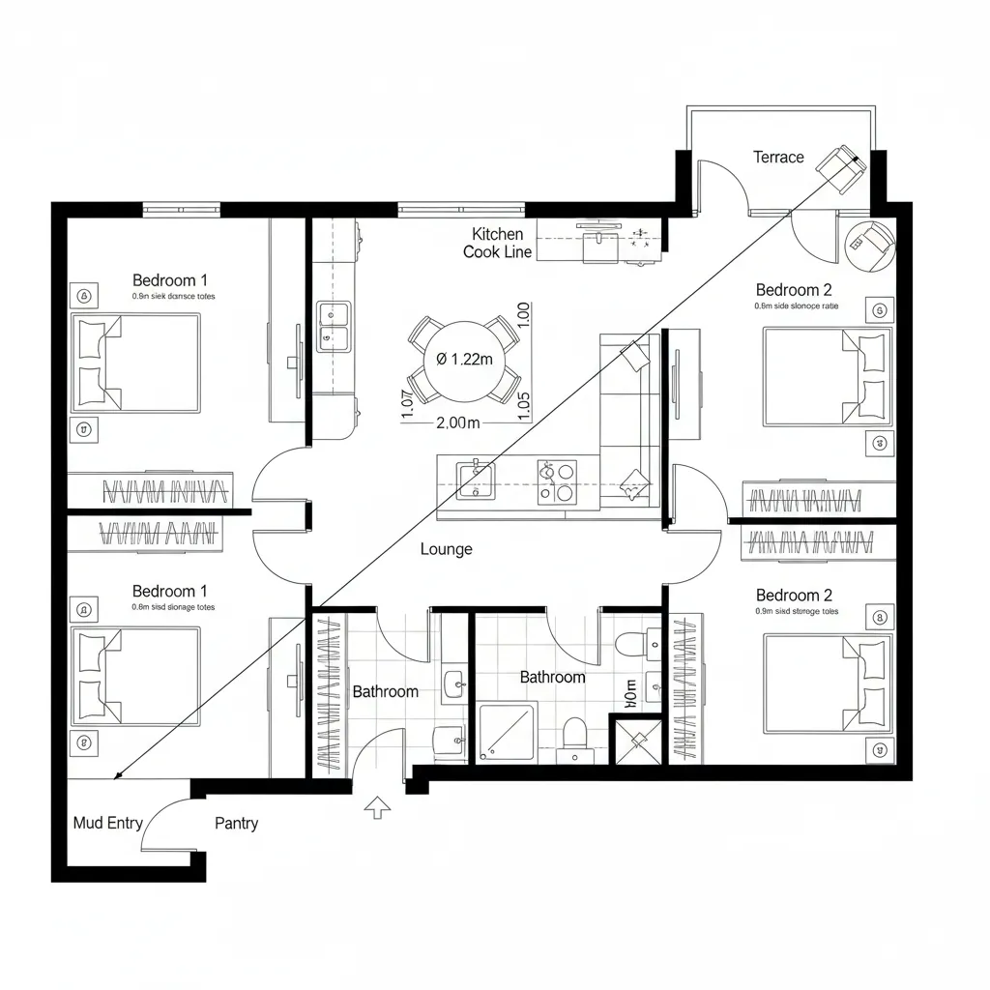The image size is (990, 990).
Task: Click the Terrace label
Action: [x=778, y=157]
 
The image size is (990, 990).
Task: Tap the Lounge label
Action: [x=447, y=549]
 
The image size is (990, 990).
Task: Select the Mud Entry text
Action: [x=108, y=823]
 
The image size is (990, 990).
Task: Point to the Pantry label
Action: [x=236, y=823]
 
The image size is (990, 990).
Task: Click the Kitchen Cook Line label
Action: [x=497, y=243]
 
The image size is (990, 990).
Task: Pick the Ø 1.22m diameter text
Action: [x=464, y=359]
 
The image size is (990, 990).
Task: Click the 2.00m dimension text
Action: [x=458, y=422]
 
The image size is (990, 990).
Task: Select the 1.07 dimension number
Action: [x=407, y=402]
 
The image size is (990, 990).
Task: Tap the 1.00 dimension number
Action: [x=524, y=317]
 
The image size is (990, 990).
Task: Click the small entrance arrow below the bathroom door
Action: [x=377, y=807]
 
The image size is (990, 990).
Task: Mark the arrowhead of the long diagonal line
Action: [x=117, y=775]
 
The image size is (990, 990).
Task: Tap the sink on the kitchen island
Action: [x=475, y=480]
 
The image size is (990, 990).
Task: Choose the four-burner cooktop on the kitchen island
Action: [x=557, y=481]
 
